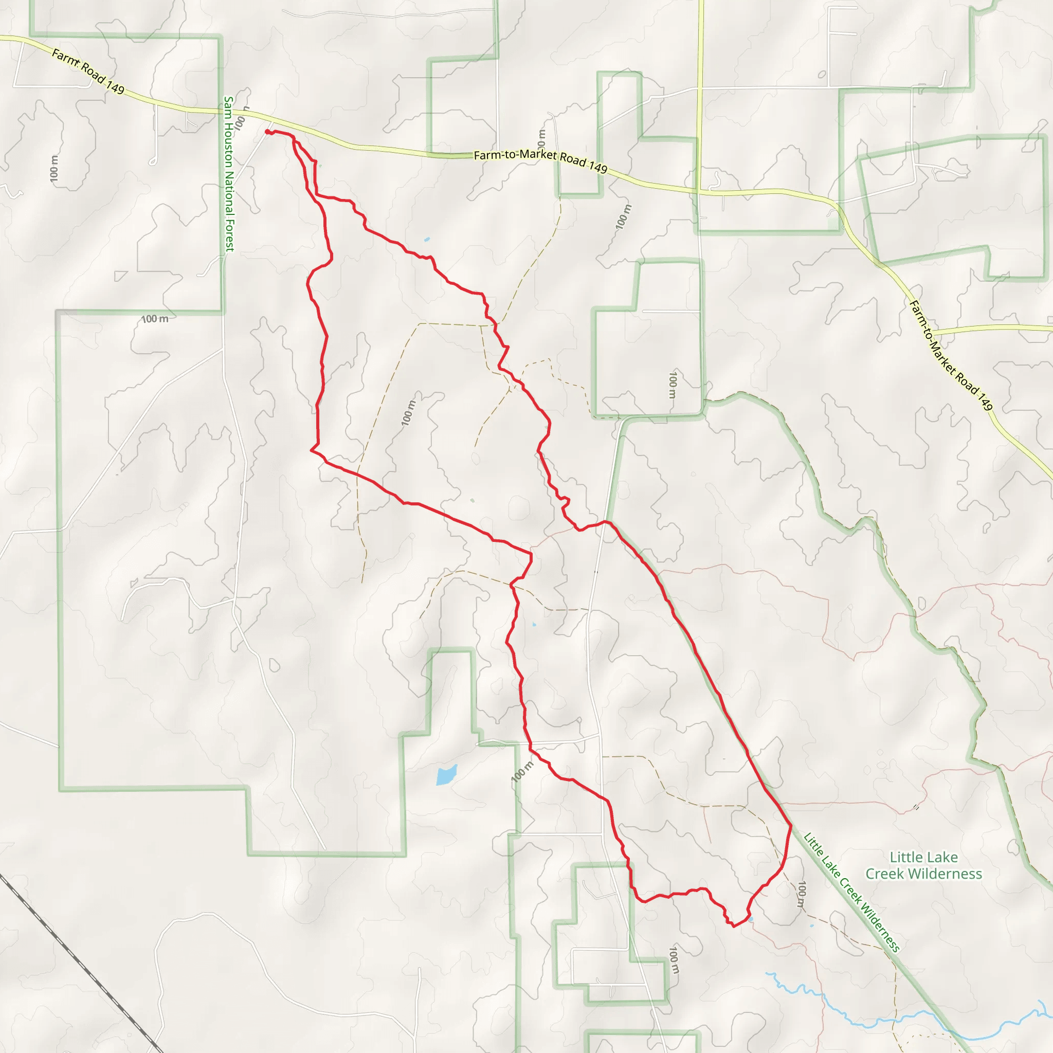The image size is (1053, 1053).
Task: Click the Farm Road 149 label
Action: point(88,71)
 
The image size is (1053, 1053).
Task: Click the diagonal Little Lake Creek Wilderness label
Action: point(851,892)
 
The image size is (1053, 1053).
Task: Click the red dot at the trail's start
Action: point(267,131)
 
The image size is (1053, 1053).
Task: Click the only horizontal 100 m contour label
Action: point(155,319)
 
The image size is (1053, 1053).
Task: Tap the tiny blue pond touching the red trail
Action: point(751,919)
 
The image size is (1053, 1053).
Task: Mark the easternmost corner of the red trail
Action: point(791,826)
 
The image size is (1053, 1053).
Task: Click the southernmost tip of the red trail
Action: point(734,926)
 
